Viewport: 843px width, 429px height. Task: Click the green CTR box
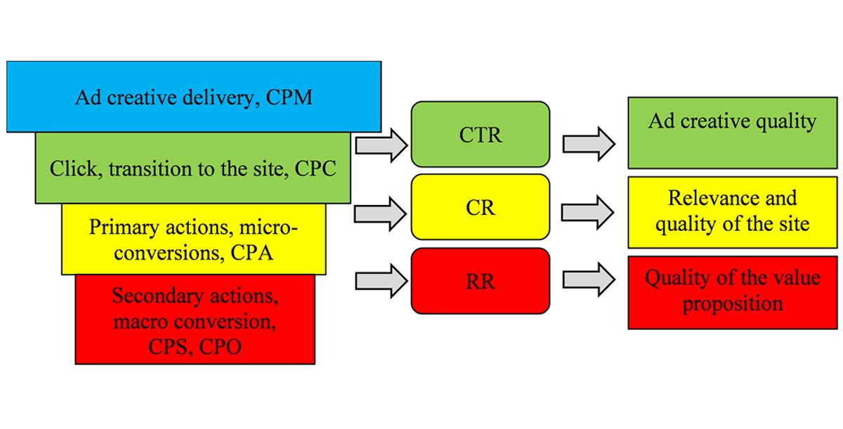[x=481, y=134]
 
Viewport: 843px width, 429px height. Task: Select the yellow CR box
[x=481, y=208]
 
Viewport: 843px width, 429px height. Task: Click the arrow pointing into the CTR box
[x=381, y=145]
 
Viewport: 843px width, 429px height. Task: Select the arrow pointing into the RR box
[x=381, y=280]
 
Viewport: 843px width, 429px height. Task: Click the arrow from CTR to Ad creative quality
[x=589, y=145]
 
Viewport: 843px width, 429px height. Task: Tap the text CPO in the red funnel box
[x=219, y=346]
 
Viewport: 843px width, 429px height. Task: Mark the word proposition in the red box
[x=733, y=304]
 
